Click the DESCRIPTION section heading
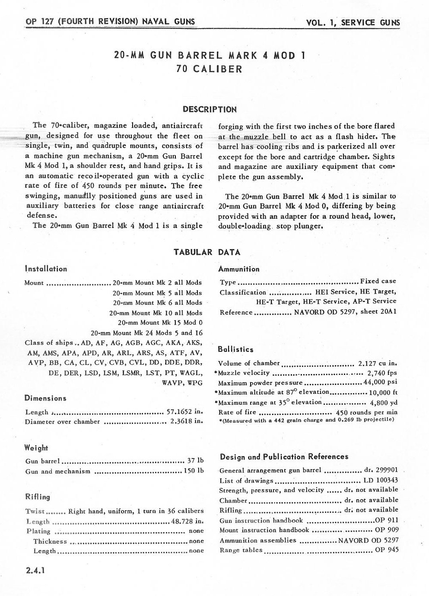(210, 109)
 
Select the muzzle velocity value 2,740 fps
(382, 373)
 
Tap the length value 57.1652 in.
(185, 412)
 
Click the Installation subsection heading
(46, 269)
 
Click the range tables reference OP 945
(387, 550)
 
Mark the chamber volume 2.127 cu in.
(378, 363)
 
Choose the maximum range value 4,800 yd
(384, 403)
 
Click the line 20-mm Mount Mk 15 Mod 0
(160, 323)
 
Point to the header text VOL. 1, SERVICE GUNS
(353, 23)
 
